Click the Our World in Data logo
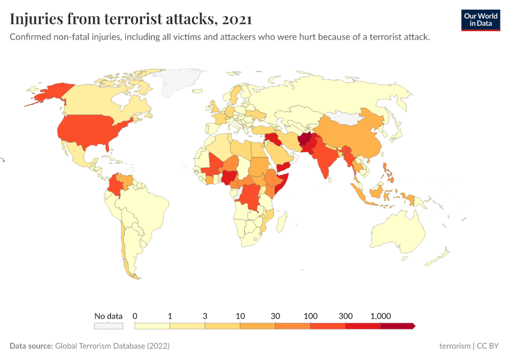click(x=480, y=20)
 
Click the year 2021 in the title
click(x=236, y=19)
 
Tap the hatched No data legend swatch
click(x=108, y=326)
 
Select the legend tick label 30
click(x=275, y=316)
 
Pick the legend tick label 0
click(x=135, y=316)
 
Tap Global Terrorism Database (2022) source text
click(x=112, y=346)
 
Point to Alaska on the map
click(x=51, y=93)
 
